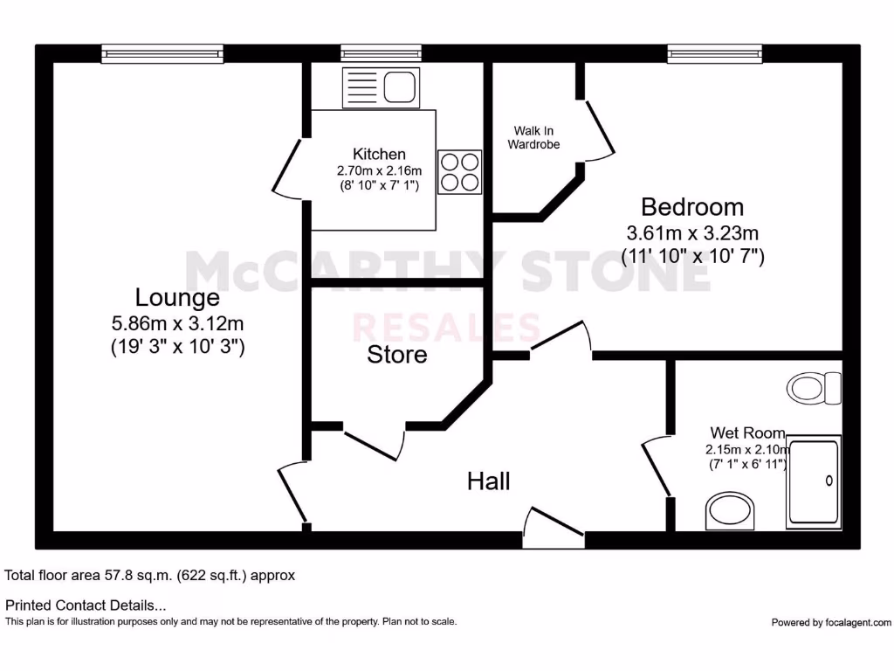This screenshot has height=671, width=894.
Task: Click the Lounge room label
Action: pyautogui.click(x=177, y=298)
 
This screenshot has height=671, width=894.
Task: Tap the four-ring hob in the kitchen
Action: pyautogui.click(x=459, y=171)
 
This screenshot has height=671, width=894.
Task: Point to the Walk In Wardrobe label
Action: pyautogui.click(x=533, y=138)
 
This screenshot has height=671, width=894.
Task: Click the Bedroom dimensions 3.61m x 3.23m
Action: pyautogui.click(x=692, y=233)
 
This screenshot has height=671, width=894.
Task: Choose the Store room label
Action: pyautogui.click(x=397, y=355)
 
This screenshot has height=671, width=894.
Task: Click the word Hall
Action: pyautogui.click(x=489, y=481)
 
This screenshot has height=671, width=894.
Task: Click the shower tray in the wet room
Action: pyautogui.click(x=813, y=483)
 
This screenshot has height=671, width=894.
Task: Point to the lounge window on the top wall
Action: pyautogui.click(x=162, y=54)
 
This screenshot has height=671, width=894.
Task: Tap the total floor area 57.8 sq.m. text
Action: pyautogui.click(x=150, y=576)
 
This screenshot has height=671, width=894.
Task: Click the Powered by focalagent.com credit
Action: pyautogui.click(x=831, y=622)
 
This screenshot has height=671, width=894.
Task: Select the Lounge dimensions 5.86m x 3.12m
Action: pyautogui.click(x=177, y=323)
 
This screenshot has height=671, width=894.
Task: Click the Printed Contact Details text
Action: pyautogui.click(x=86, y=605)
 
